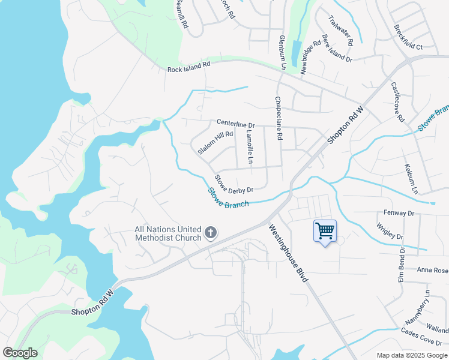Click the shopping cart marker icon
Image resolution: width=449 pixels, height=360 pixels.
pyautogui.click(x=325, y=231)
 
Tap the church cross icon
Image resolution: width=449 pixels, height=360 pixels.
pyautogui.click(x=211, y=232)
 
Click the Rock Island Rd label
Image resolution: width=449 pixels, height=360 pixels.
pyautogui.click(x=189, y=69)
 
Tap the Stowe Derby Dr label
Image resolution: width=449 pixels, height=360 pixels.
pyautogui.click(x=234, y=184)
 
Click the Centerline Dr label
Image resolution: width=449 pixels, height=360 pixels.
pyautogui.click(x=236, y=124)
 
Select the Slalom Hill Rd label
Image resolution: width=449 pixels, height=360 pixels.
pyautogui.click(x=215, y=142)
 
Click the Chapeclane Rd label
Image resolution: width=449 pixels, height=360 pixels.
pyautogui.click(x=279, y=118)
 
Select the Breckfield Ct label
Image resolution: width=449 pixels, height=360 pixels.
pyautogui.click(x=408, y=37)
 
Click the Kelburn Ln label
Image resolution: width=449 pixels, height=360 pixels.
pyautogui.click(x=411, y=179)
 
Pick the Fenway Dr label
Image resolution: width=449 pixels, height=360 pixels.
pyautogui.click(x=399, y=213)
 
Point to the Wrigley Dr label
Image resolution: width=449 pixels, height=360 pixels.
pyautogui.click(x=390, y=232)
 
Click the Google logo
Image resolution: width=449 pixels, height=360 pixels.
pyautogui.click(x=20, y=353)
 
